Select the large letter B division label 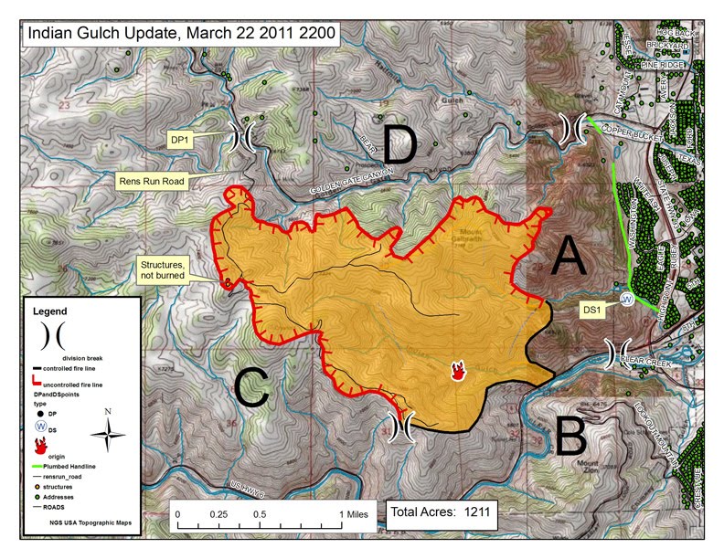[570, 437]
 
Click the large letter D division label [400, 145]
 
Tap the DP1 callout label [180, 140]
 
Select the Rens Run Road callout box [152, 182]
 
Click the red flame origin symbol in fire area [458, 370]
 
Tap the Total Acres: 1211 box [441, 513]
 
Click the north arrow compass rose [108, 432]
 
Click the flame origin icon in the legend [40, 447]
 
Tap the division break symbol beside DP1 [245, 137]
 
